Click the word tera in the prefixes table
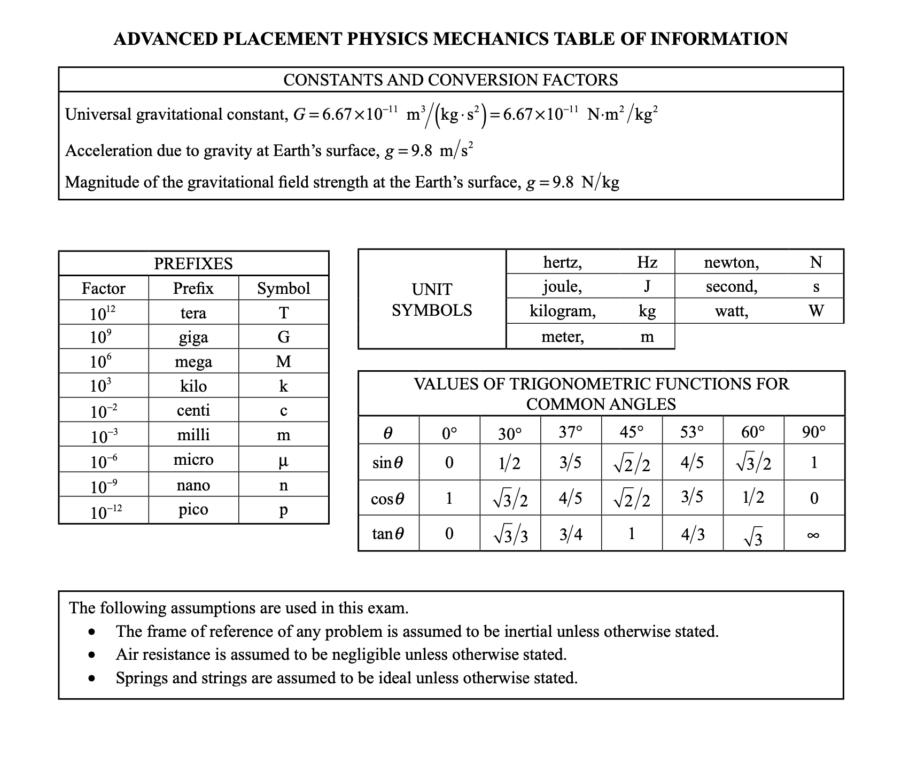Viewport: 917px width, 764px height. [x=193, y=313]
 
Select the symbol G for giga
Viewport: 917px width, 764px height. [x=284, y=337]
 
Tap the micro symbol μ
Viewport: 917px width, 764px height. [x=284, y=461]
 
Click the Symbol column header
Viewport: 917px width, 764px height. [x=283, y=289]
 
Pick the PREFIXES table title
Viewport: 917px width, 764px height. [x=193, y=264]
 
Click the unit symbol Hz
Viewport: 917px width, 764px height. [x=647, y=262]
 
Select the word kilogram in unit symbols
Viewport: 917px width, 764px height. [x=562, y=311]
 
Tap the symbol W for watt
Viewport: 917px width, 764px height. [x=816, y=310]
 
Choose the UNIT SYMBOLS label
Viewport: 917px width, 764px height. [x=432, y=300]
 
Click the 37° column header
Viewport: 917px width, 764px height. [x=571, y=432]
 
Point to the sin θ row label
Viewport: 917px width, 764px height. [x=388, y=463]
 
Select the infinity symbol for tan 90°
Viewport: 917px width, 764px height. [x=813, y=535]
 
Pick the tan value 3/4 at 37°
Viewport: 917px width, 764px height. [x=571, y=534]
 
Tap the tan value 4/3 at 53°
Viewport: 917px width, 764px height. [x=693, y=534]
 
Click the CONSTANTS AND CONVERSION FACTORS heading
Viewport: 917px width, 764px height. [x=450, y=80]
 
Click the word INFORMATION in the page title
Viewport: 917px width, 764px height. [x=719, y=39]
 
